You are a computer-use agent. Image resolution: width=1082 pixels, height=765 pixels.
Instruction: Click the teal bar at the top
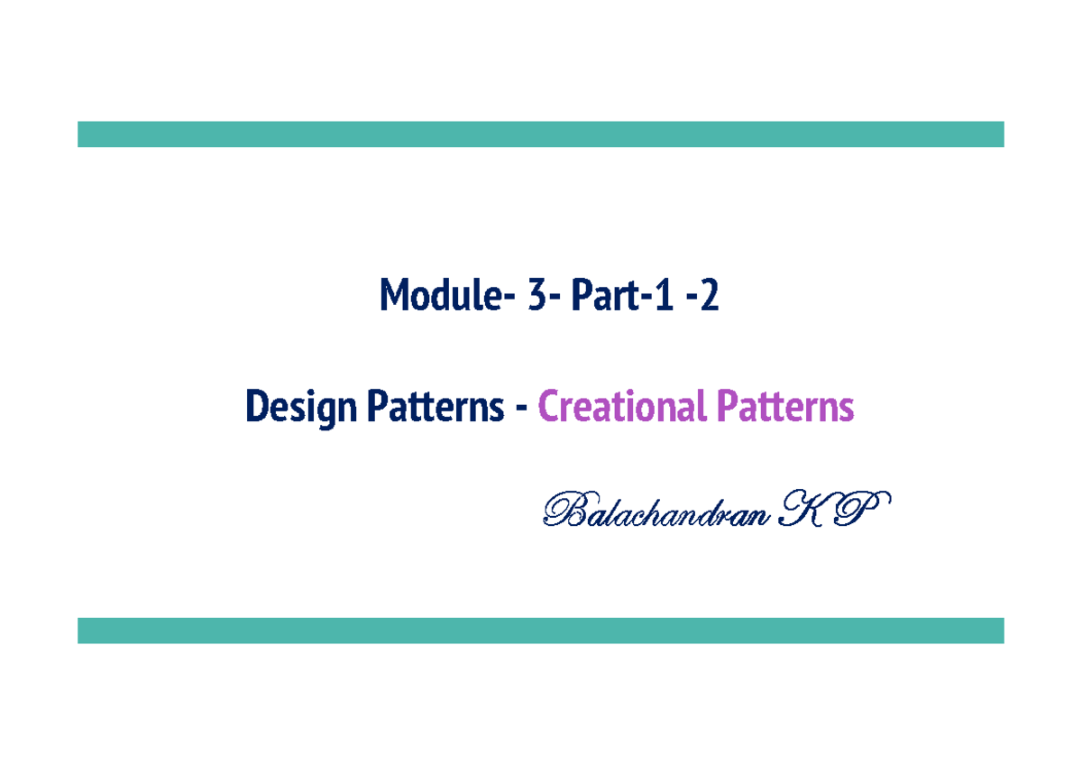[x=541, y=134]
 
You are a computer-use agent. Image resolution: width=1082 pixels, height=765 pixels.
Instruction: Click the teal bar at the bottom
[x=541, y=631]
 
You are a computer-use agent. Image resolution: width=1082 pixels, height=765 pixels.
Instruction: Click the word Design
[x=300, y=409]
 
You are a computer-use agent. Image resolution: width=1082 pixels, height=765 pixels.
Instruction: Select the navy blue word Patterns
[x=435, y=408]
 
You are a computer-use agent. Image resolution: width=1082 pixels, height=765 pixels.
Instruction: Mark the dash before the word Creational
[x=520, y=410]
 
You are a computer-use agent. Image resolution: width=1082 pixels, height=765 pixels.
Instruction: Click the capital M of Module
[x=393, y=296]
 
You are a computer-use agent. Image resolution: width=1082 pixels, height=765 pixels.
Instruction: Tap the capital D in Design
[x=256, y=408]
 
